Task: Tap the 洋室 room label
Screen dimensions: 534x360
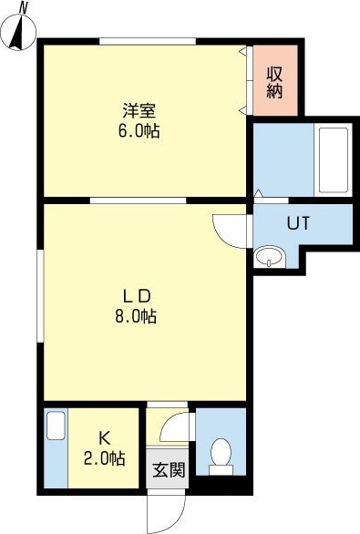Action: tap(140, 111)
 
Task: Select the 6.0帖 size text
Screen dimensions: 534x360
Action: tap(140, 130)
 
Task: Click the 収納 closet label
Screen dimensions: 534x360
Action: tap(274, 82)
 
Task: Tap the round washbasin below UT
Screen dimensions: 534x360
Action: tap(268, 258)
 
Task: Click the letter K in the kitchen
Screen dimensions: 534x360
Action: tap(105, 437)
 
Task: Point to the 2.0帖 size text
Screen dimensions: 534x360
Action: tap(105, 458)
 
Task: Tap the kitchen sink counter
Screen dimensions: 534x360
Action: tap(56, 450)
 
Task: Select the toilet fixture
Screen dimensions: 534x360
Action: tap(220, 454)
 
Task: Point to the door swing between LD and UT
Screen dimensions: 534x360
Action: tap(230, 228)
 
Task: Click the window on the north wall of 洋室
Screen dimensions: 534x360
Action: tap(148, 40)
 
